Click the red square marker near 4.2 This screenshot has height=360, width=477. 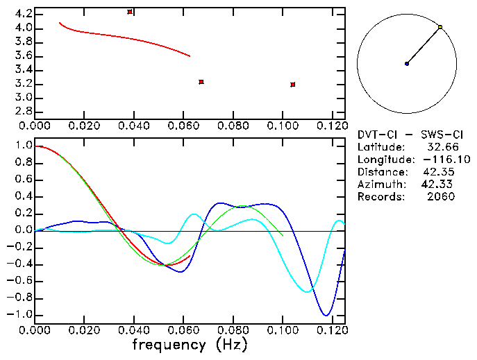pos(130,12)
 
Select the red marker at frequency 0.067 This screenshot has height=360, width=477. pos(201,82)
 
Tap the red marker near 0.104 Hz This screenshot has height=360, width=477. pos(293,85)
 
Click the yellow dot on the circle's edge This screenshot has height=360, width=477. pos(440,27)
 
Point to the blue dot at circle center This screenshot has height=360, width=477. pos(407,64)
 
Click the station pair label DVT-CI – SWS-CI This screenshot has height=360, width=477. pos(405,134)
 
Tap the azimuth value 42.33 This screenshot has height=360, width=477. pos(436,185)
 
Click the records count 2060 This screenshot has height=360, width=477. pos(441,197)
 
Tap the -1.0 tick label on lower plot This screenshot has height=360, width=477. pos(21,314)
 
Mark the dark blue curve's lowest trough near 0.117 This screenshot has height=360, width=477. pos(324,316)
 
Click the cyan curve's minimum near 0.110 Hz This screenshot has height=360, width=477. pos(307,291)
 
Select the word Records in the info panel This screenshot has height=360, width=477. pos(379,197)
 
